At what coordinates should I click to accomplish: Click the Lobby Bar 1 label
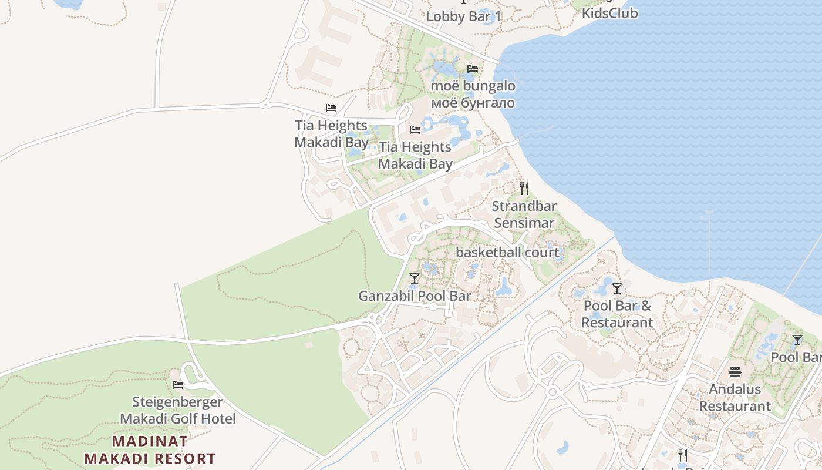463,16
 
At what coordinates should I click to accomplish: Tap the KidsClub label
609,13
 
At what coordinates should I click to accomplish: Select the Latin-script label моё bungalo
473,86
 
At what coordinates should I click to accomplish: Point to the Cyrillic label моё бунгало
473,103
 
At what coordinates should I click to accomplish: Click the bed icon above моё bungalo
472,69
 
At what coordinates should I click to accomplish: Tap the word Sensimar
524,223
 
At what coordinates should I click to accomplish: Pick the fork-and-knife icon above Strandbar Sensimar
524,189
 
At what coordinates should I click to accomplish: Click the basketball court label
507,253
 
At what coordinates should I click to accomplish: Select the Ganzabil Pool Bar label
415,296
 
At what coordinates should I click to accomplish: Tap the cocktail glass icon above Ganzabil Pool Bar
415,278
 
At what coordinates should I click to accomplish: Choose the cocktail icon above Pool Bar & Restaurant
616,288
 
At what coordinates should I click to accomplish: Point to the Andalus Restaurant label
735,398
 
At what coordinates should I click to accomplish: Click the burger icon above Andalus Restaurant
735,372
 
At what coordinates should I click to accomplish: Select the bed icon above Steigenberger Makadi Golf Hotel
178,385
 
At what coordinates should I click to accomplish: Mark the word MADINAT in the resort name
150,441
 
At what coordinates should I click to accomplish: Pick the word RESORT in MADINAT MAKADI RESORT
186,459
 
